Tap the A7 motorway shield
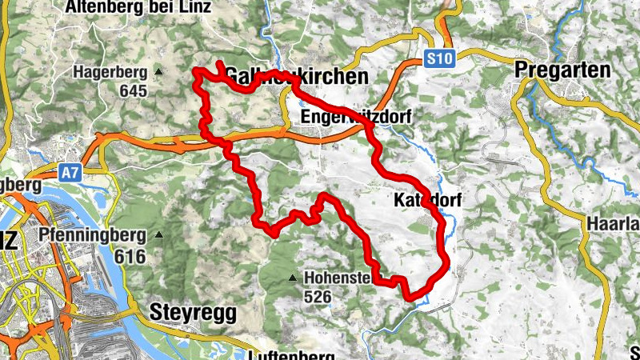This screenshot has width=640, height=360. point(70,170)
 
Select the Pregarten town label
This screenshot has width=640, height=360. point(563,70)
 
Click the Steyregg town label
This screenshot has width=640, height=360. point(191,311)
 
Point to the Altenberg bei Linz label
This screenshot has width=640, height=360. point(138,8)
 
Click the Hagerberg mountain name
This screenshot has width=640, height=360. point(111,72)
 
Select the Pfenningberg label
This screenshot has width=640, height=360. point(92,235)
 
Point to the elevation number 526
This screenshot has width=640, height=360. point(318,297)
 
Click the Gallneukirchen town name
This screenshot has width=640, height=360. point(296,76)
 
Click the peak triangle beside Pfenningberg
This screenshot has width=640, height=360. point(158,235)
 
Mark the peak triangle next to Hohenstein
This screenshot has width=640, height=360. point(292,278)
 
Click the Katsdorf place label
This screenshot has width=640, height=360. point(428,200)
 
